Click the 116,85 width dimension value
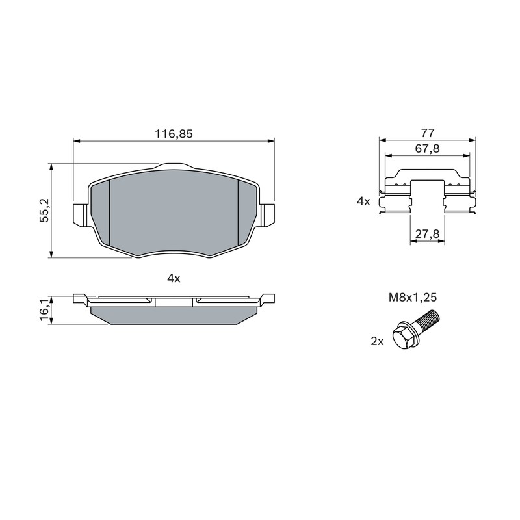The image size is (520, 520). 174,134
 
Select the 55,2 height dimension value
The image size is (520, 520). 44,210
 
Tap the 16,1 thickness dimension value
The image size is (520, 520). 45,309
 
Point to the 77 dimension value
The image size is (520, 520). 428,133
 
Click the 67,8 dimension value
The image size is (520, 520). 428,149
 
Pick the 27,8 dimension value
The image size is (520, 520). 428,234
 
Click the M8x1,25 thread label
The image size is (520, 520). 413,298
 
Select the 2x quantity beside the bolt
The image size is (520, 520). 377,341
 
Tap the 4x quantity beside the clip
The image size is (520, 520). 363,201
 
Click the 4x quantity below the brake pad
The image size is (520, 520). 174,279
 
